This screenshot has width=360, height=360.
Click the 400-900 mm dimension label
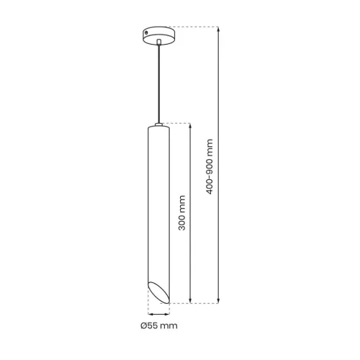pyautogui.click(x=210, y=166)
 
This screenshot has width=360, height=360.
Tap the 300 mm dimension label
pyautogui.click(x=182, y=213)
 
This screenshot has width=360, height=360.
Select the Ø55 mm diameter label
pyautogui.click(x=159, y=325)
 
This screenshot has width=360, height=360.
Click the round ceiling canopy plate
pyautogui.click(x=158, y=35)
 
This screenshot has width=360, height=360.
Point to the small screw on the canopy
pyautogui.click(x=146, y=33)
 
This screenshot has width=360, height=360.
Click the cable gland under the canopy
pyautogui.click(x=158, y=42)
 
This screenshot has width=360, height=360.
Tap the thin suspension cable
pyautogui.click(x=158, y=84)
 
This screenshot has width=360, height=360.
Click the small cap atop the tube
pyautogui.click(x=158, y=125)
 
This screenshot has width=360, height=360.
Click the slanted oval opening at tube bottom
pyautogui.click(x=159, y=292)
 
